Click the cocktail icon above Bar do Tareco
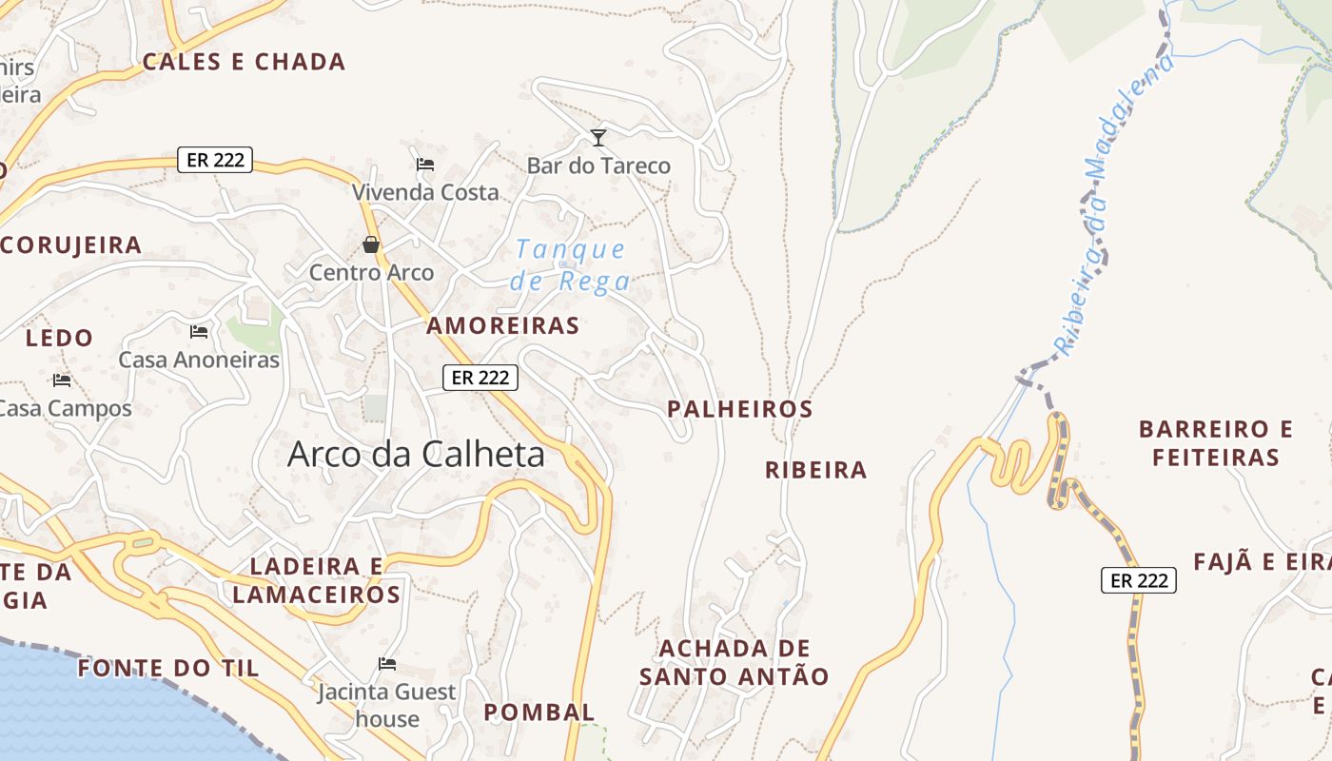coord(597,139)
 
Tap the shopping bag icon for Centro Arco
coord(371,245)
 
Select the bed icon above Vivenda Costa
coord(425,165)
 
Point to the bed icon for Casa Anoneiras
coord(199,332)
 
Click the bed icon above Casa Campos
coord(62,380)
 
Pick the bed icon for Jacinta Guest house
coord(387,664)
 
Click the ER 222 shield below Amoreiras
coord(480,378)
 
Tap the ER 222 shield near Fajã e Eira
coord(1139,580)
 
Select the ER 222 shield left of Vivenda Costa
coord(215,160)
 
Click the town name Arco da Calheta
coord(416,455)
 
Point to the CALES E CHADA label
coord(244,63)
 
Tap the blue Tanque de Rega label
coord(571,265)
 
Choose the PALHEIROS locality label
coord(739,409)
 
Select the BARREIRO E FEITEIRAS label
coord(1215,443)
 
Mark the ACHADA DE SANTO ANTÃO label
coord(734,663)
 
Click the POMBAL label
coord(539,712)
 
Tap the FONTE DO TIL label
coord(168,668)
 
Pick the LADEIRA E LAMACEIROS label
coord(317,581)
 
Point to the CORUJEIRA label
coord(71,245)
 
